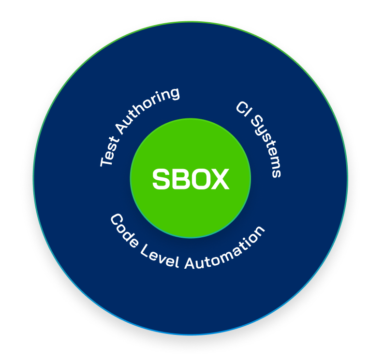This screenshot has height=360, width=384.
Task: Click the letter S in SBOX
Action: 161,179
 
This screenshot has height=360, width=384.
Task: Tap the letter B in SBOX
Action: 179,179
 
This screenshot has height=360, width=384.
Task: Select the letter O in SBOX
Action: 198,179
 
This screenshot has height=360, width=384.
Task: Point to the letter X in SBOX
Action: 219,179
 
